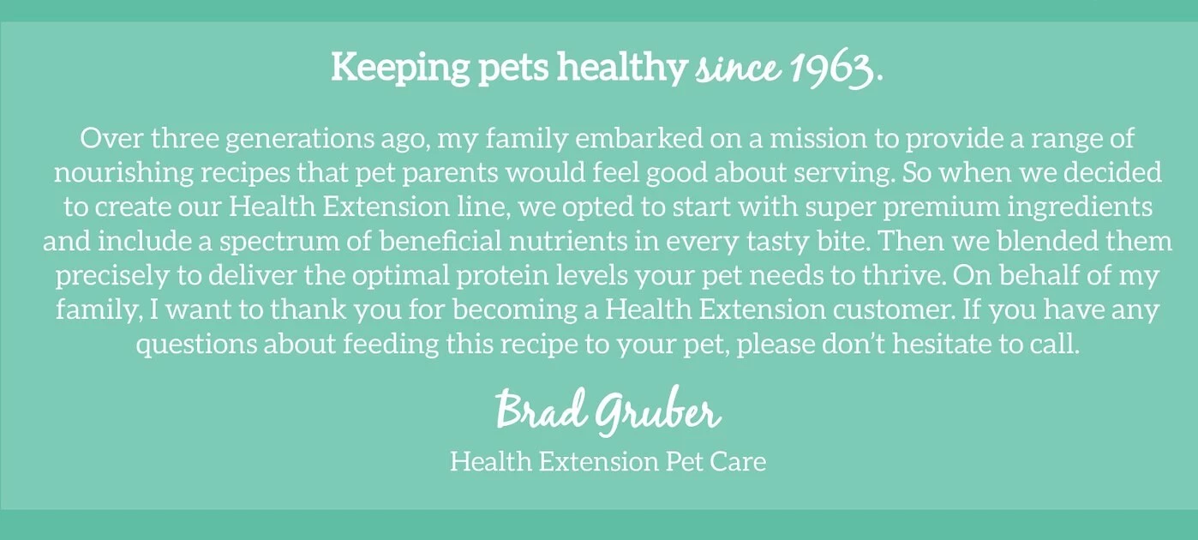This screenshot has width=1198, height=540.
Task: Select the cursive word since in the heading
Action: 735,68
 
